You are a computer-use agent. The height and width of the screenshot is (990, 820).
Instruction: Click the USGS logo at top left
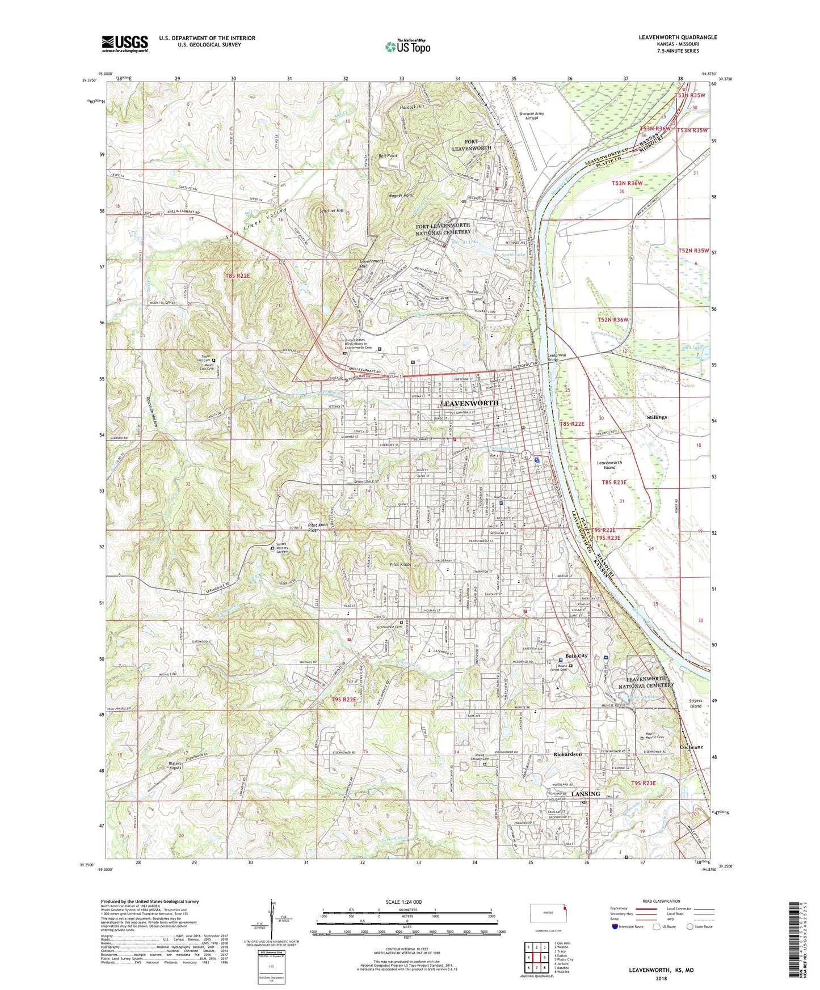(x=125, y=44)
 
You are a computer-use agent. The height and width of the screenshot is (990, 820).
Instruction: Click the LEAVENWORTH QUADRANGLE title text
(x=678, y=37)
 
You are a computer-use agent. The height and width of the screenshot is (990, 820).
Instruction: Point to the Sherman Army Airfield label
(x=531, y=116)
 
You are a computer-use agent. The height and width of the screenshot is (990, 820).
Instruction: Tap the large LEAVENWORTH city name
(x=469, y=403)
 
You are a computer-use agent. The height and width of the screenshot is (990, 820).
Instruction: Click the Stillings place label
(x=657, y=417)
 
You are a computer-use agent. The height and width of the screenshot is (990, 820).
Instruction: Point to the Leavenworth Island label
(x=609, y=465)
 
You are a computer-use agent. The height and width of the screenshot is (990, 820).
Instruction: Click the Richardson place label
(x=567, y=754)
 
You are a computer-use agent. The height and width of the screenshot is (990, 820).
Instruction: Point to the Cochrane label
(x=691, y=747)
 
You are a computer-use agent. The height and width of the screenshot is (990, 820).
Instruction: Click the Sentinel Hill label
(x=331, y=210)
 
